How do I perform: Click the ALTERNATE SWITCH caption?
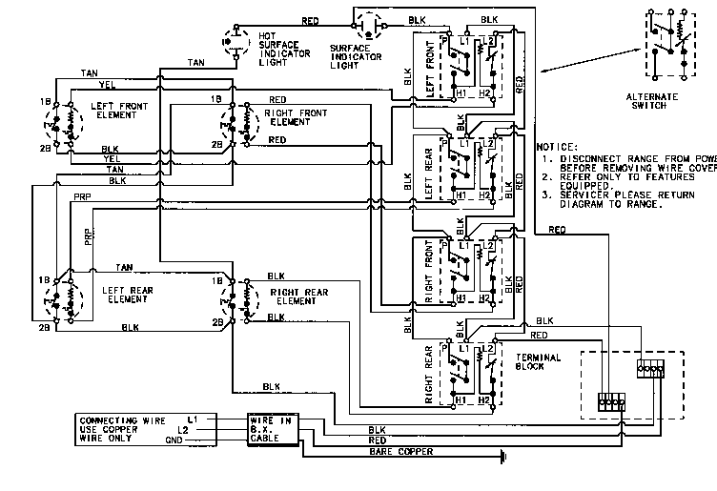(x=672, y=101)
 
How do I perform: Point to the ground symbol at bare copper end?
(x=499, y=458)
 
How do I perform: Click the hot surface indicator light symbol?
(x=231, y=43)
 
